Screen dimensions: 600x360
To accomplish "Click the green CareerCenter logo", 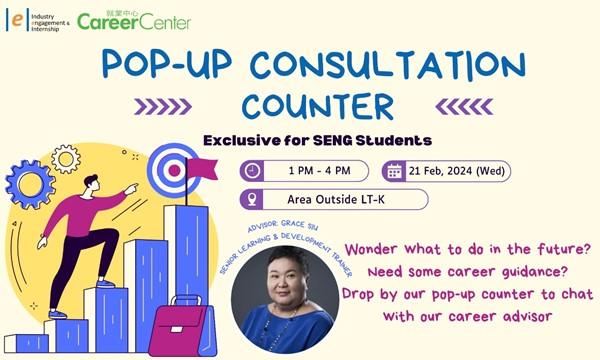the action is point(134,21).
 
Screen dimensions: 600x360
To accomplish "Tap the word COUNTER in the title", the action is point(318,106).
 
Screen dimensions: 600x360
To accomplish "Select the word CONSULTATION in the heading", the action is point(388,65).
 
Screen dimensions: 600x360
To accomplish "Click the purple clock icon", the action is point(252,171).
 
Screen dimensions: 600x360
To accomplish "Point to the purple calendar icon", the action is point(394,171).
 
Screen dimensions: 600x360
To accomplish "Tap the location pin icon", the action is point(252,199).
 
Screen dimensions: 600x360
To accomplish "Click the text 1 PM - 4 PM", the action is point(320,171).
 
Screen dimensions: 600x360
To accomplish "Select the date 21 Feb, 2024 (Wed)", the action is point(457,171).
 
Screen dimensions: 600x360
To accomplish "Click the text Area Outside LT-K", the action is point(336,199).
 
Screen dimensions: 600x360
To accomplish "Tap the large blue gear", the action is point(30,185).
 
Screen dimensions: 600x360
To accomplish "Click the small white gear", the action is point(66,159).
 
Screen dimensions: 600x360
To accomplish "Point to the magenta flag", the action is point(202,169).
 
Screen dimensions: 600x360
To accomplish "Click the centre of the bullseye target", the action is point(174,171).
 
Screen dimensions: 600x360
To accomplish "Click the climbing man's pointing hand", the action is point(132,188).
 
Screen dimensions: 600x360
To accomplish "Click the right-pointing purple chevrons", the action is point(163,107).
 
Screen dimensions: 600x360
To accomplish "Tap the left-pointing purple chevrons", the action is point(464,107).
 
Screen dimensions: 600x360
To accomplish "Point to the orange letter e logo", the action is point(17,20).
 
